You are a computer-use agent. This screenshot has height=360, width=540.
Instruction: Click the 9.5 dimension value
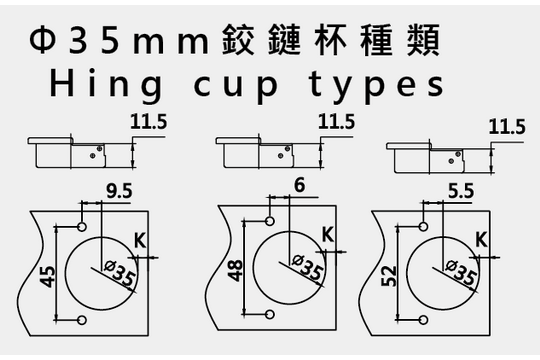click(119, 191)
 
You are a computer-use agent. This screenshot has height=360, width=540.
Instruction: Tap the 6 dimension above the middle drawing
click(300, 185)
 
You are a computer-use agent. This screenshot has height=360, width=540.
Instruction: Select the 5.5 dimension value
click(461, 191)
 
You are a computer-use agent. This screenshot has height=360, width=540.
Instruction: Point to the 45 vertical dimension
click(47, 276)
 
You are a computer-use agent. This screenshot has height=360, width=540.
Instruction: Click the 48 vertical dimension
click(235, 271)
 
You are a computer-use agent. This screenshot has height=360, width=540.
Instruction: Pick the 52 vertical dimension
click(389, 276)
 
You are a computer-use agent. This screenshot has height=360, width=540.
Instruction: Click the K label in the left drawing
click(140, 240)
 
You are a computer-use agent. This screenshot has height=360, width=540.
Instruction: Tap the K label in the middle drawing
click(328, 235)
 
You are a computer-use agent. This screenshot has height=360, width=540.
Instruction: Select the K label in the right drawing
click(481, 239)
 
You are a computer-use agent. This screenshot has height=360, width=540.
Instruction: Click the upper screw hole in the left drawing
click(82, 227)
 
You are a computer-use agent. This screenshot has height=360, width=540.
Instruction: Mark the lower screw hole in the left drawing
click(82, 320)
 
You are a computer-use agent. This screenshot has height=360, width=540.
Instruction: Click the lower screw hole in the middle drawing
click(270, 314)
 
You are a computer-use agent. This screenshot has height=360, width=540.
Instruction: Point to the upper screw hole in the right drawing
click(424, 226)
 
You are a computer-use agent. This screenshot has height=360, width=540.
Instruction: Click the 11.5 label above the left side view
click(148, 122)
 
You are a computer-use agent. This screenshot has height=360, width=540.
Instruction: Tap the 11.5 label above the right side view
click(507, 127)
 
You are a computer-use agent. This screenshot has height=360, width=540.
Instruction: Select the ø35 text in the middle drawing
click(308, 267)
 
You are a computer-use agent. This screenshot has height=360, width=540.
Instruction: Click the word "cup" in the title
click(236, 86)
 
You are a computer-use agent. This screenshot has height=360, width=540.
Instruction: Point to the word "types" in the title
click(376, 86)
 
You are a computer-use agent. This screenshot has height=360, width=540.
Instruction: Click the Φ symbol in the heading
click(42, 40)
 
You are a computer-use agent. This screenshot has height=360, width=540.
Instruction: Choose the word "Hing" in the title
click(106, 85)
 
